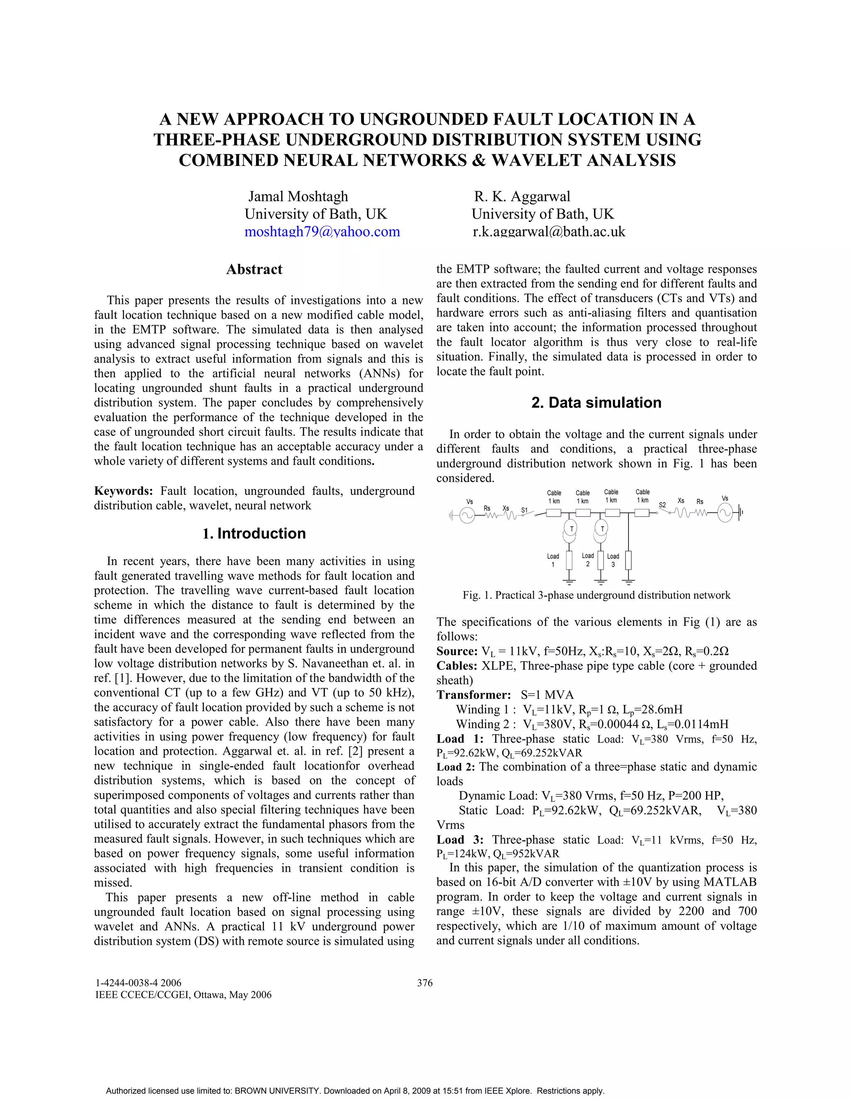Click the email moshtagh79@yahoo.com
[x=322, y=232]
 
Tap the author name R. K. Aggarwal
[x=522, y=196]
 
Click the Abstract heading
[x=254, y=269]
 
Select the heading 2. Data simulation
[x=596, y=403]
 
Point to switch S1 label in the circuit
[x=524, y=510]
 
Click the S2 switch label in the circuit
[x=663, y=505]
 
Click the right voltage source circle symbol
[x=725, y=514]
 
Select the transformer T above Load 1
[x=571, y=528]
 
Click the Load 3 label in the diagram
[x=613, y=560]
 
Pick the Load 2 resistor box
[x=600, y=560]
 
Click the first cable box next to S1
[x=554, y=513]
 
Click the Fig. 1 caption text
[x=596, y=595]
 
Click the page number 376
[x=425, y=983]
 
